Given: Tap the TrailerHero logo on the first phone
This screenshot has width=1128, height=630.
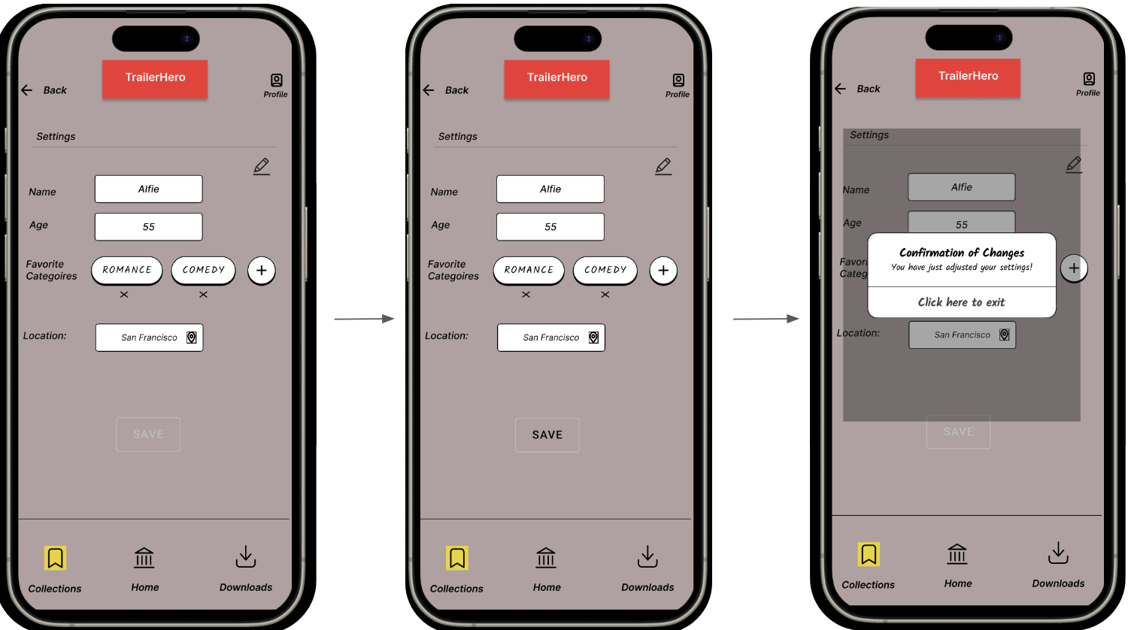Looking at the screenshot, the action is pos(155,79).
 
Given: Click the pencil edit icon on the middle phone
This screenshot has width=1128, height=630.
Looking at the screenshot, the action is pos(663,166).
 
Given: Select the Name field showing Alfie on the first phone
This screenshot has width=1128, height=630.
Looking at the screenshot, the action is pos(149,189).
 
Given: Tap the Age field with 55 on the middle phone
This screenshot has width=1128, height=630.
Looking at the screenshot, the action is pos(550,226).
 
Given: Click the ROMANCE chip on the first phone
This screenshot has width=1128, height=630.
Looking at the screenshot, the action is pos(127,270).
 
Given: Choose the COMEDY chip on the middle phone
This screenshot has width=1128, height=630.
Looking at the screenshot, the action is pos(605,270).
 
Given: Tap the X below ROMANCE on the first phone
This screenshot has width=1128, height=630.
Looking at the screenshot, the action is pos(124,295).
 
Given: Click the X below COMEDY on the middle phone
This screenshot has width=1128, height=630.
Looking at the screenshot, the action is pos(605,295).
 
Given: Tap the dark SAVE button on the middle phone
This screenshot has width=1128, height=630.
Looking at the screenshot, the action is pos(547,435).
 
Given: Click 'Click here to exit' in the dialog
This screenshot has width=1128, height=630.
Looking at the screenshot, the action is pos(961,302).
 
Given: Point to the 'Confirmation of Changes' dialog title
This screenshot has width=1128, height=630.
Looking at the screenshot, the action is pos(962,253).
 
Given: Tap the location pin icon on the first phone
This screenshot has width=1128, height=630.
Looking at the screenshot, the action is pos(191,338).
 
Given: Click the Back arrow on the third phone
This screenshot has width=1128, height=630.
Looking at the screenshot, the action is pos(841,89).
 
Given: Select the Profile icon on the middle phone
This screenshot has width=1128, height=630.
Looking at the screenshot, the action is pos(679,80).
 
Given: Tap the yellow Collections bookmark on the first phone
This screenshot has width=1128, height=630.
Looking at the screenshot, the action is pos(55,558).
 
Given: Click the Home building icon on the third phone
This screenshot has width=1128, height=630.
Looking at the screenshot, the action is pos(957,554).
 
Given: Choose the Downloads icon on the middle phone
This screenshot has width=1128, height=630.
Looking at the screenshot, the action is pos(647,556).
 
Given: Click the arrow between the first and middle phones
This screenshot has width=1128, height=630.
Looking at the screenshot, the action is pos(364,319).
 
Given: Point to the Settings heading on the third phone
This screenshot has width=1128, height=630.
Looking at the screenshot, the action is pos(869,135).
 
